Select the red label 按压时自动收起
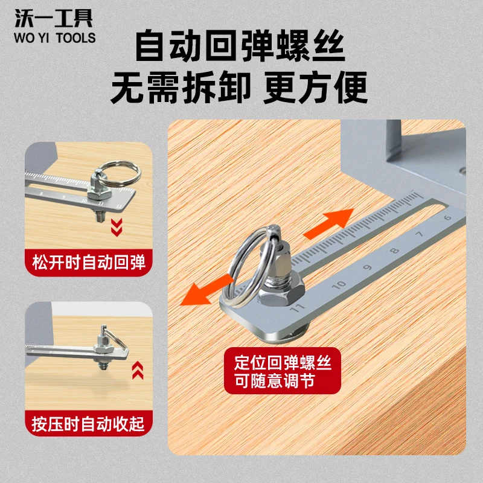pos(88,422)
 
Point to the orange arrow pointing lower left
pos(208,289)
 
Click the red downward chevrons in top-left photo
pos(117,228)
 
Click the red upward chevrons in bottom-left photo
pos(138,368)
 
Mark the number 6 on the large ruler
pos(447,218)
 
